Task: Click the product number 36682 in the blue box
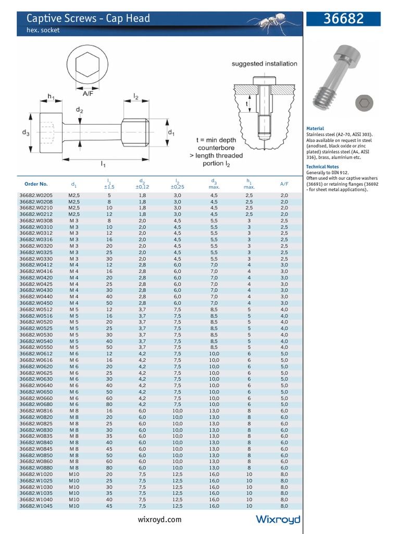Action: [x=344, y=19]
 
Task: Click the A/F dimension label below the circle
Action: [x=87, y=94]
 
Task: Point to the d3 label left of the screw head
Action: [x=26, y=133]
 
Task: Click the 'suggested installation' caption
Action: [x=265, y=64]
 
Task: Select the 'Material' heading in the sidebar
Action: [x=315, y=128]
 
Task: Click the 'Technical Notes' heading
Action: [x=322, y=167]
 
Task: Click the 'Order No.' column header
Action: [x=36, y=184]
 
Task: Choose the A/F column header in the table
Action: [x=284, y=184]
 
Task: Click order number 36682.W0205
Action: [x=36, y=195]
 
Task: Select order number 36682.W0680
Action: [x=36, y=404]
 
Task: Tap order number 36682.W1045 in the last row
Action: [x=36, y=505]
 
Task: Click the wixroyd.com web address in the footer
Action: [x=160, y=519]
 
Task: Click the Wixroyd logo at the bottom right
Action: [x=278, y=519]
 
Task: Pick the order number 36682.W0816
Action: [x=36, y=411]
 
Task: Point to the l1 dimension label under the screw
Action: [x=103, y=164]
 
